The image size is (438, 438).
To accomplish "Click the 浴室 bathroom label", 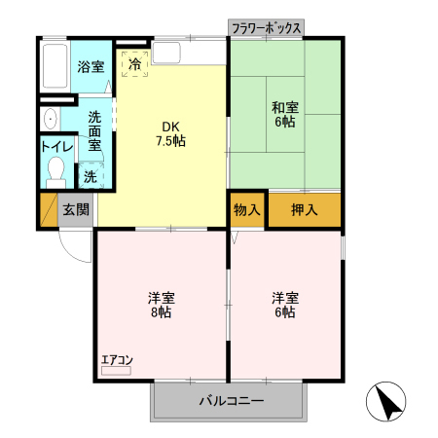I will click(91, 67).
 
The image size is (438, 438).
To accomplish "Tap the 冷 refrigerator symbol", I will click(134, 64).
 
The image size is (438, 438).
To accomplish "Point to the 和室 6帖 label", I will click(286, 115).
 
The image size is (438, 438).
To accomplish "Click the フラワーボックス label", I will click(266, 28).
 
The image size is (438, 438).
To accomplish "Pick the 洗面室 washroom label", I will click(94, 129).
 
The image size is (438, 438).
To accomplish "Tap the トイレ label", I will click(55, 146).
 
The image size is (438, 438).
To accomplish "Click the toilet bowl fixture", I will click(55, 175).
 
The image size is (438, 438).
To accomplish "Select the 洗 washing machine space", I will click(89, 178).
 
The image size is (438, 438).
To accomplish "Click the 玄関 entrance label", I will click(76, 209).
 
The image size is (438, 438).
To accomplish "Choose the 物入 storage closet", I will click(247, 210).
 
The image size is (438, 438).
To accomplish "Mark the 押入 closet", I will click(304, 210).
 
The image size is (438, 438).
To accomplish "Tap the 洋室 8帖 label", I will click(162, 304).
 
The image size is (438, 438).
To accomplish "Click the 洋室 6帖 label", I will click(286, 304).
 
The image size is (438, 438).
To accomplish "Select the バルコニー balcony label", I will click(232, 400).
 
